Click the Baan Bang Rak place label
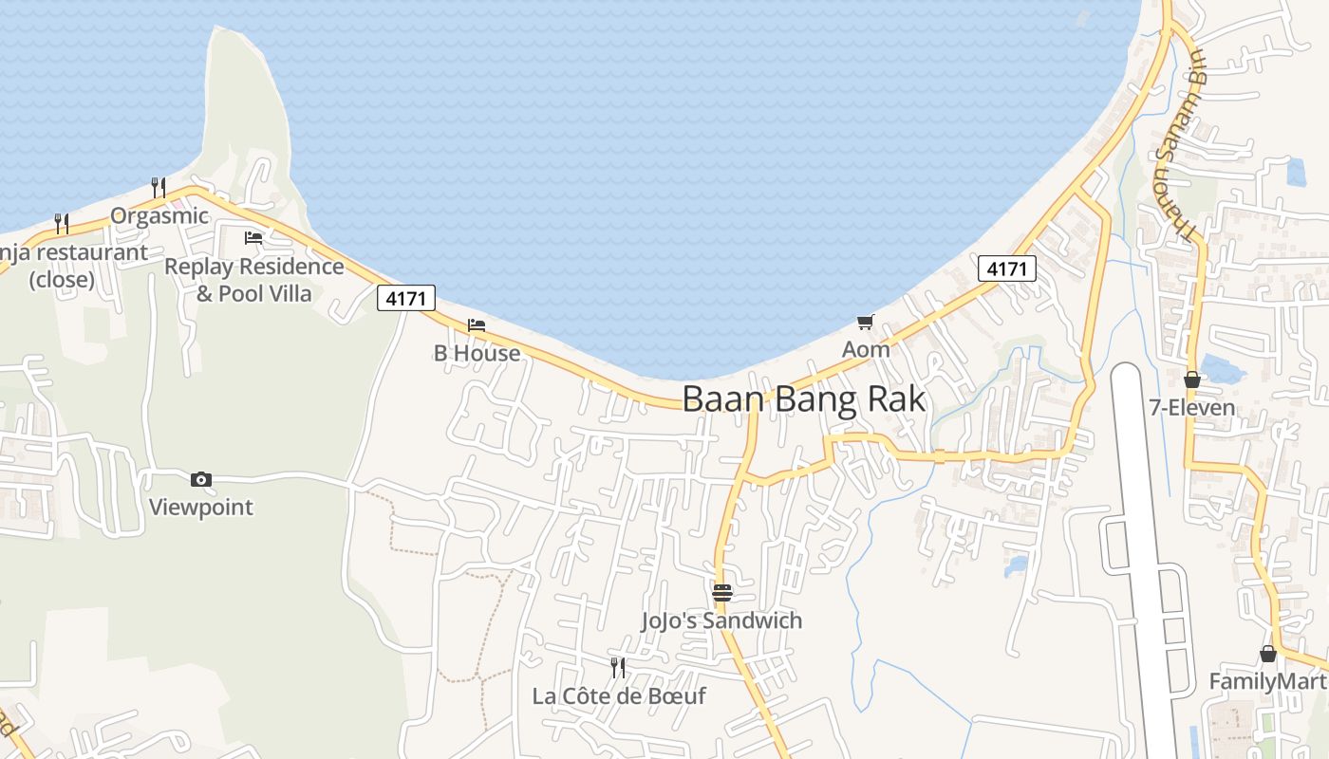[x=803, y=399]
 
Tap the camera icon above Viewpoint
[x=201, y=480]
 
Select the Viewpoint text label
[x=201, y=508]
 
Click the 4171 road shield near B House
[x=406, y=298]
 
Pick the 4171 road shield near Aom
[x=1006, y=268]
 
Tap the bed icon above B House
[x=477, y=325]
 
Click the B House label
[x=477, y=354]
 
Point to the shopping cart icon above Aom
[x=865, y=323]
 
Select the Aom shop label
[x=866, y=349]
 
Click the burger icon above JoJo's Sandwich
[x=721, y=593]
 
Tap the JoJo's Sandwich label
[x=721, y=620]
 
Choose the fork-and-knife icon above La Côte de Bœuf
[x=618, y=668]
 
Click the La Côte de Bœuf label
[x=619, y=696]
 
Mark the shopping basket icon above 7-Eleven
[x=1192, y=380]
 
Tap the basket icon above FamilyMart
[x=1267, y=654]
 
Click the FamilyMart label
[x=1267, y=681]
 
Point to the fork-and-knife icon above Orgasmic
[x=159, y=188]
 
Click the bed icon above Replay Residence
[x=253, y=238]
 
